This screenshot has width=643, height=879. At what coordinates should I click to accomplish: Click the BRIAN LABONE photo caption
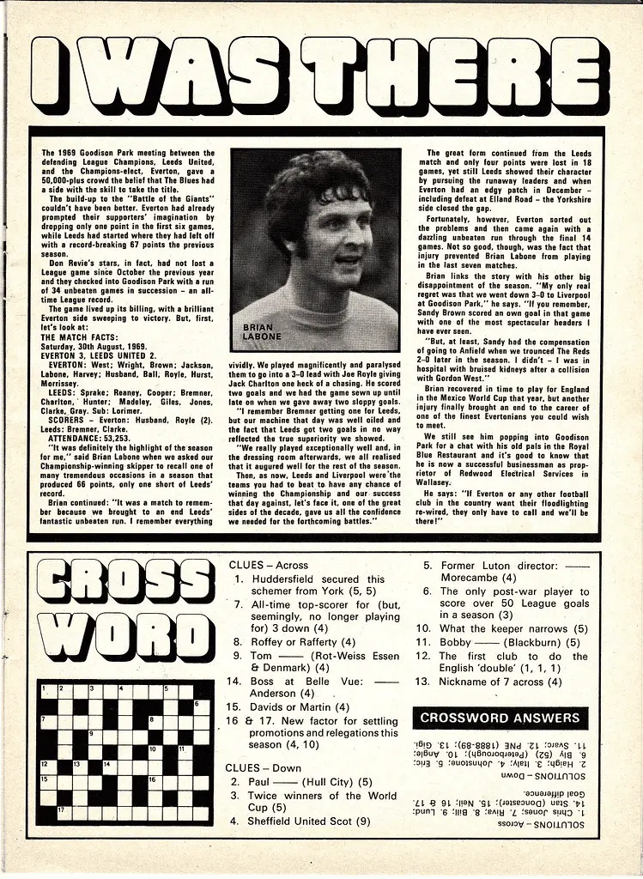click(x=258, y=333)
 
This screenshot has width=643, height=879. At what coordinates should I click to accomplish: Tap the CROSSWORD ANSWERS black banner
click(x=500, y=718)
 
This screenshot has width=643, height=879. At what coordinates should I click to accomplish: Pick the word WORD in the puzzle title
click(x=112, y=640)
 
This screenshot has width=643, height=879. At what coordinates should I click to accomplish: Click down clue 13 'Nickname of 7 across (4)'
click(x=488, y=682)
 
